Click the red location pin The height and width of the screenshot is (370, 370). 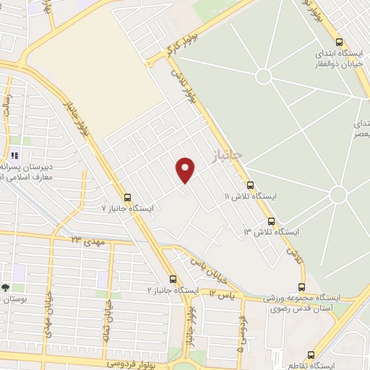tap(186, 169)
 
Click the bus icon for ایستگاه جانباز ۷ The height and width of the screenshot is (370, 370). tap(127, 197)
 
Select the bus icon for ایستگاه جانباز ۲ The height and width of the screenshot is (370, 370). tap(172, 279)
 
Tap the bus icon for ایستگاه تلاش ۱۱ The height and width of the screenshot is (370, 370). tap(251, 185)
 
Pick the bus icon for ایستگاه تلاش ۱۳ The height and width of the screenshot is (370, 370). tap(271, 221)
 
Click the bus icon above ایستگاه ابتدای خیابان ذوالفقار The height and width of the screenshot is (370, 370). tap(340, 42)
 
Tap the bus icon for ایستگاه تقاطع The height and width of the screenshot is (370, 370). tap(311, 355)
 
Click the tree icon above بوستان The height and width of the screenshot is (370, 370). tap(6, 288)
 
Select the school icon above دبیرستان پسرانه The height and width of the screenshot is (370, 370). tap(14, 155)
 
